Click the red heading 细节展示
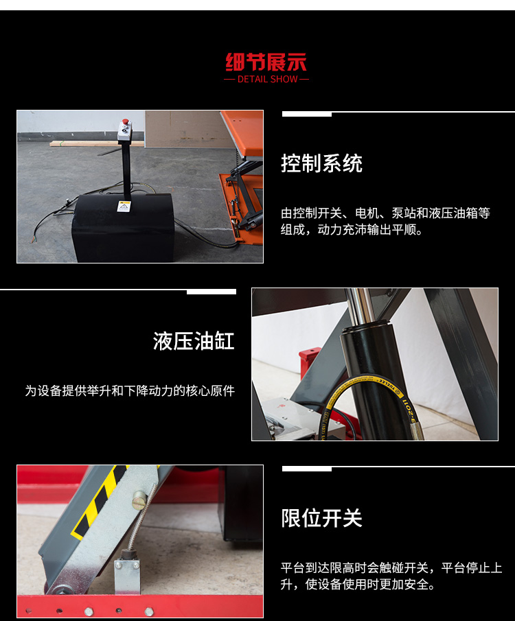point(266,62)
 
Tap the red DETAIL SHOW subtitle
point(267,79)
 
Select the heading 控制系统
point(321,163)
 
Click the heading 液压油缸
point(194,341)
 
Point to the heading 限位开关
point(321,518)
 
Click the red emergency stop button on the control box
point(125,121)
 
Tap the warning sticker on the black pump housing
point(124,207)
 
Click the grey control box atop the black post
point(125,131)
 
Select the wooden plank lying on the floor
point(97,144)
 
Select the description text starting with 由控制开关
point(385,221)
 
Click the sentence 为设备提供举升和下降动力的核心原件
point(130,391)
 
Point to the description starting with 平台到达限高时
point(391,576)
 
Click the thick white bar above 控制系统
point(307,114)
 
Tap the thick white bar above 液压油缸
point(211,292)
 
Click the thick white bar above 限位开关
point(307,469)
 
